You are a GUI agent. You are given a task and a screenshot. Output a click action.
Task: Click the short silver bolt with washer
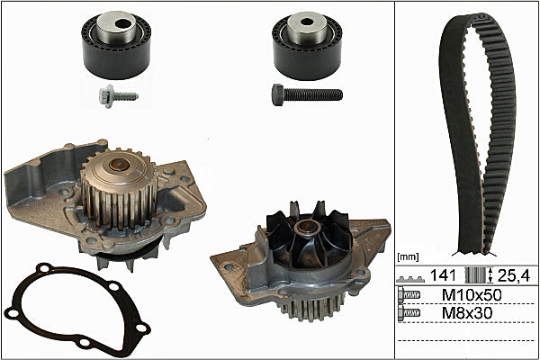coord(118,96)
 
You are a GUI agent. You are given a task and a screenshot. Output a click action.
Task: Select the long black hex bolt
coord(307,94)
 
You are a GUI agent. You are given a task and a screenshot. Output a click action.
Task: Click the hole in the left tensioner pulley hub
coord(121,23)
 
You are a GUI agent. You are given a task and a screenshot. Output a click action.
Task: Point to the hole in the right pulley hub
coord(307,22)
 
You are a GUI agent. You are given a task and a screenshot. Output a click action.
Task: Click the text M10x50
coord(472,295)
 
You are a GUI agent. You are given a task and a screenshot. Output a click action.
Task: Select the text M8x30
coord(467,313)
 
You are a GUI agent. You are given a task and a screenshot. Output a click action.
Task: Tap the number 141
coord(443,275)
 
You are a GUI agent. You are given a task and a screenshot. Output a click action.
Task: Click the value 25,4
coord(514,275)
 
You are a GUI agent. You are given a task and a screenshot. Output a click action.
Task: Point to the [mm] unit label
coord(408,257)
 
